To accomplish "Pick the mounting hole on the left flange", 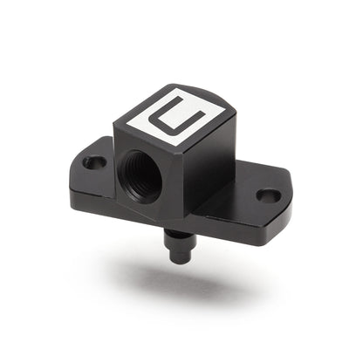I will click(x=93, y=161).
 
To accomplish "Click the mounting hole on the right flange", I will click(x=271, y=196).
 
